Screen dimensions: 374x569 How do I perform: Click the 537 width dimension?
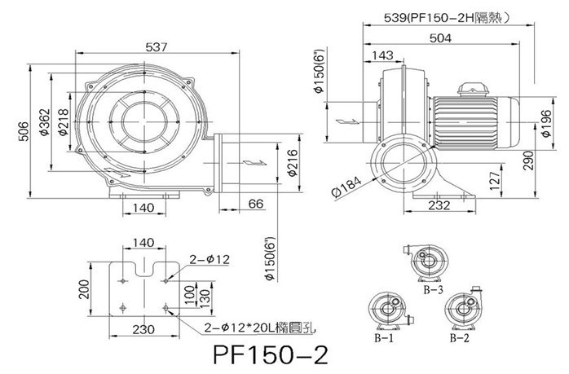tap(157, 48)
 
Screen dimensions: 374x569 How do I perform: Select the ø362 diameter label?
tap(44, 125)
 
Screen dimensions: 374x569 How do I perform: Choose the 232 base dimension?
tap(439, 205)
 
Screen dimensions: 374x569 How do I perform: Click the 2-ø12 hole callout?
tap(209, 259)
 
